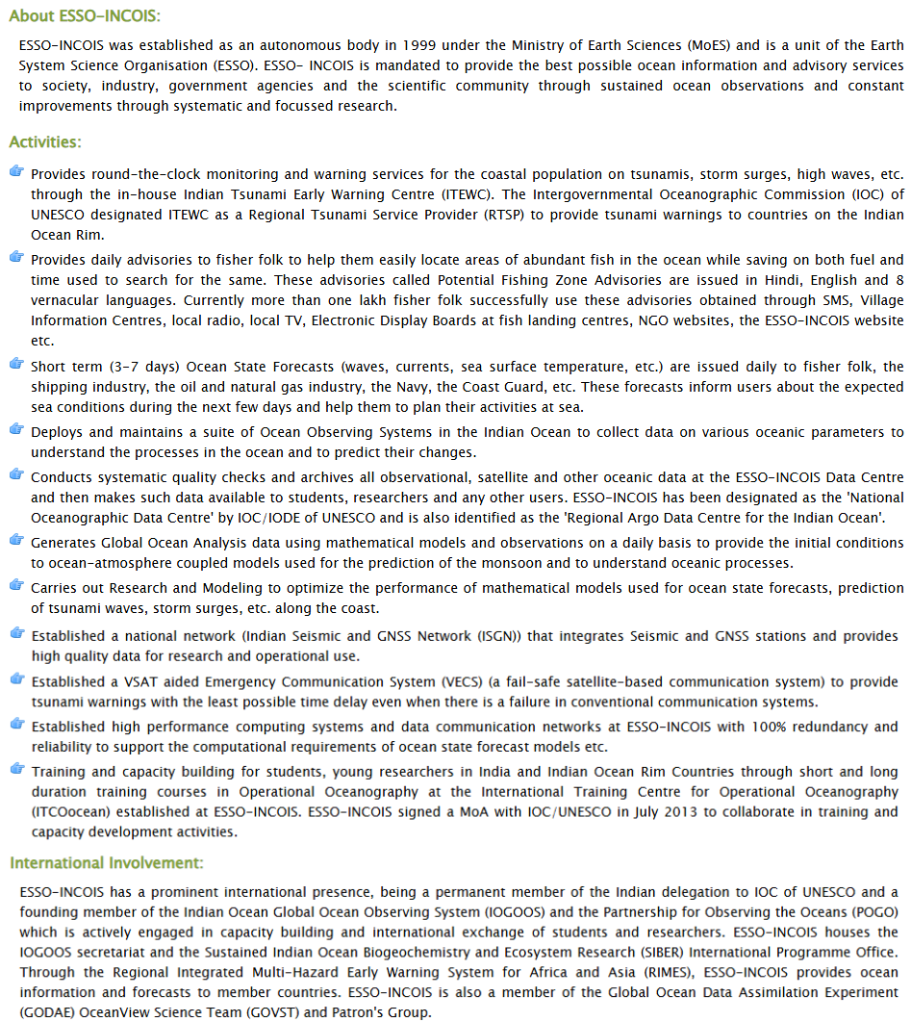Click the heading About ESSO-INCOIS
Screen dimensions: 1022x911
[x=85, y=16]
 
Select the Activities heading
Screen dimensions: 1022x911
[x=45, y=142]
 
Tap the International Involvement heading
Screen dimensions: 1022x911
[x=107, y=863]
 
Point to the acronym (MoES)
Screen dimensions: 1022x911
[x=713, y=45]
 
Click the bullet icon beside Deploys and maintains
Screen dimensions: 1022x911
[x=16, y=430]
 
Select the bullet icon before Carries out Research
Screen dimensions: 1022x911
[x=16, y=585]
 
